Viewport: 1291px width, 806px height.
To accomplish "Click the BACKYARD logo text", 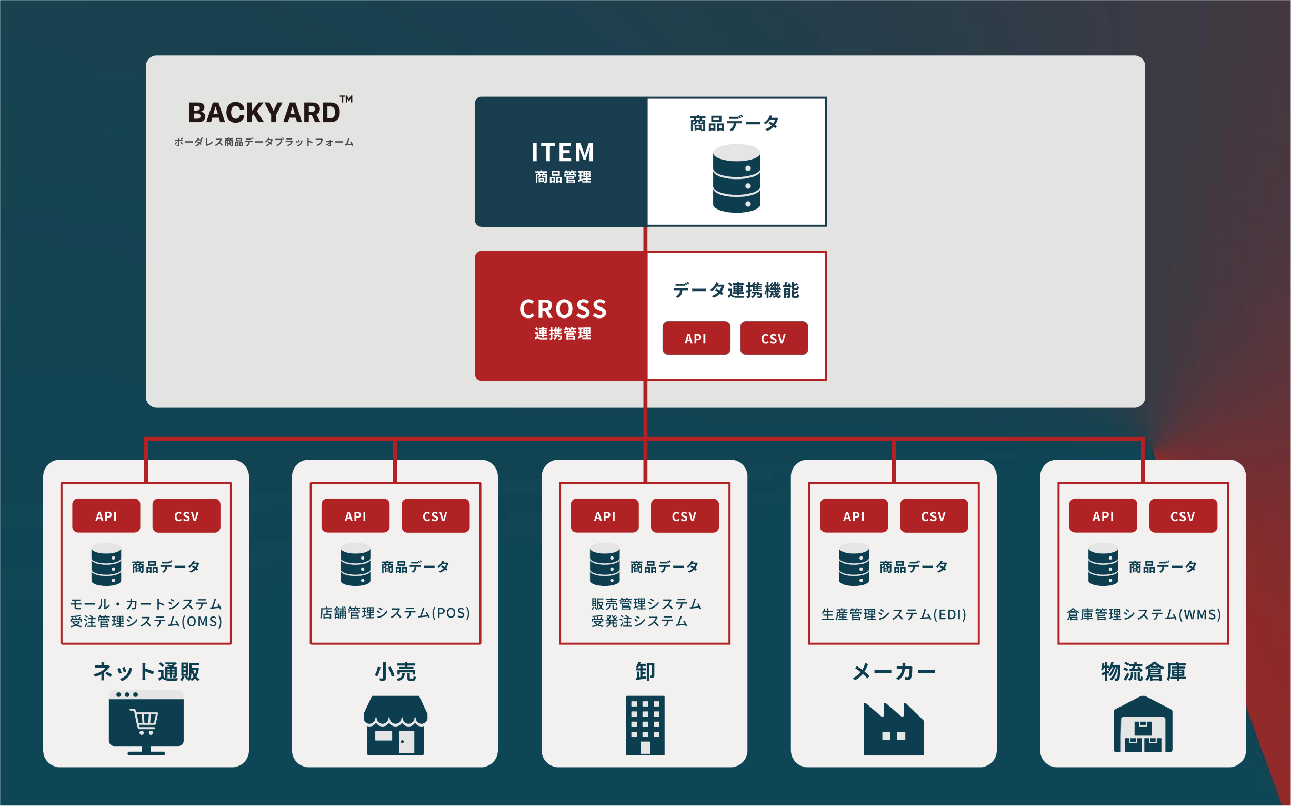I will [x=264, y=113].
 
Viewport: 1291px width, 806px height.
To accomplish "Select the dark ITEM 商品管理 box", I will [x=562, y=162].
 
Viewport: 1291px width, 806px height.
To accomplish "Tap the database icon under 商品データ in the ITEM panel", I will [x=736, y=178].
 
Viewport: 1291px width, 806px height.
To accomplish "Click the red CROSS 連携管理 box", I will [x=562, y=316].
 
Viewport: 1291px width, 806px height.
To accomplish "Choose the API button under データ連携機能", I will [x=696, y=338].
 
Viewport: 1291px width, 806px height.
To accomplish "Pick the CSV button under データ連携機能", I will [x=774, y=338].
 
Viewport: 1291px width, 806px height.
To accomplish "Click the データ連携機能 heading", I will [x=736, y=291].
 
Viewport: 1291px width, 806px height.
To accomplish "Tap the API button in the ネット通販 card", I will [x=106, y=515].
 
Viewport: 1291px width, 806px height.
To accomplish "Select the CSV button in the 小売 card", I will [x=435, y=515].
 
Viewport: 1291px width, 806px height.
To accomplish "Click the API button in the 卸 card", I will [x=604, y=515].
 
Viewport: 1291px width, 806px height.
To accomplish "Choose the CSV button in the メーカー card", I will [x=934, y=515].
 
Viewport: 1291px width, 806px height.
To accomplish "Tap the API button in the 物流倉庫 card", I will [x=1103, y=515].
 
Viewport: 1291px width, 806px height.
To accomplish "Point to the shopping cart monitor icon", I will [x=146, y=722].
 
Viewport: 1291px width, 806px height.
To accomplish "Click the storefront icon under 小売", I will [x=395, y=725].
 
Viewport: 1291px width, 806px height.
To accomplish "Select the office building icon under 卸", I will [x=645, y=725].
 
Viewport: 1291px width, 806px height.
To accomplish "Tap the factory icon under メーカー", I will [x=894, y=729].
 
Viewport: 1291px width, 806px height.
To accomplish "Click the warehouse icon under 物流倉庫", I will [x=1143, y=725].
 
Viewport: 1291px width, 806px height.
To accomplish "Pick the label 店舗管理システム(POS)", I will [x=395, y=613].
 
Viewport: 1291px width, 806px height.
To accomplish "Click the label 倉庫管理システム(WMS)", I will [x=1144, y=614].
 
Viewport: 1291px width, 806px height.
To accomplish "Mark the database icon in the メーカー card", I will [x=854, y=564].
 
